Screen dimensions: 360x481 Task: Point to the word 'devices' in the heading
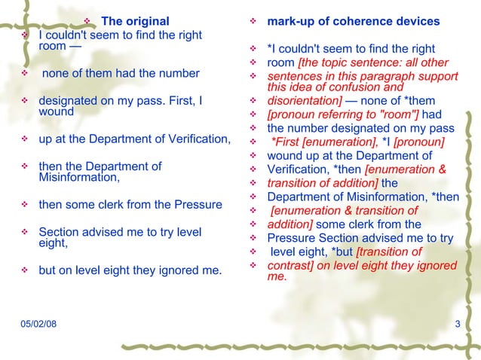(418, 20)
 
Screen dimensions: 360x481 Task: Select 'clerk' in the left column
(109, 204)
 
